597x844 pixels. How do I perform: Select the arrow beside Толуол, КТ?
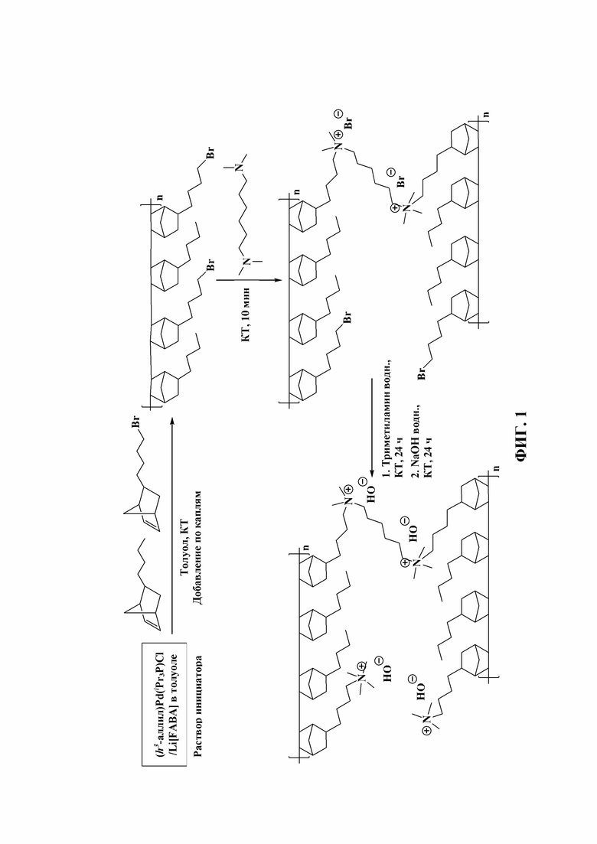tap(171, 526)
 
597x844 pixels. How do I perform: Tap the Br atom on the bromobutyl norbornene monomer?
tap(136, 422)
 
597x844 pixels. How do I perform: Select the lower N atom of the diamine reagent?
tap(246, 262)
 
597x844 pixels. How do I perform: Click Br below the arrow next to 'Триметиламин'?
tap(422, 373)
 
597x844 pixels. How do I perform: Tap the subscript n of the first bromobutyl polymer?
tap(160, 198)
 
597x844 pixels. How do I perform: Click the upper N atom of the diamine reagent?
tap(240, 168)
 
